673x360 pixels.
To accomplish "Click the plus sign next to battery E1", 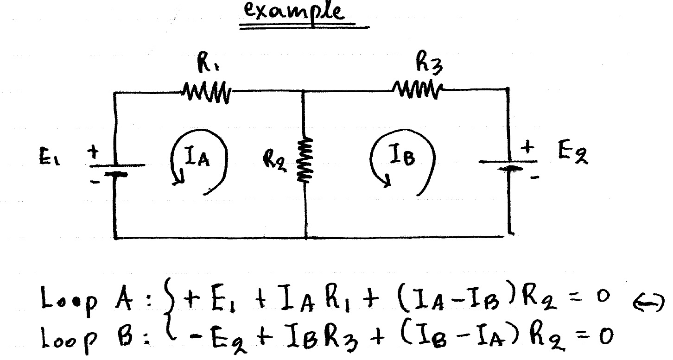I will coord(94,151).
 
